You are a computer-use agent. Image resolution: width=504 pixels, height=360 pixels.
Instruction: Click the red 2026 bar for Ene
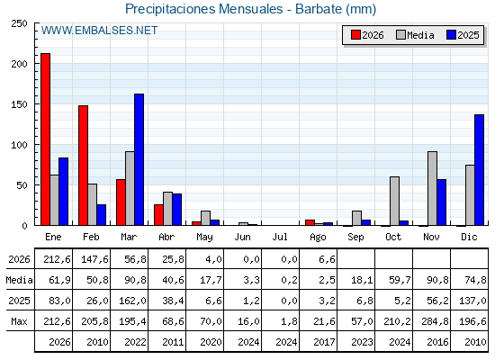coord(45,139)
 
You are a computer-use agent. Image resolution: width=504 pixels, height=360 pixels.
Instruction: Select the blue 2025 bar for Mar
coord(139,159)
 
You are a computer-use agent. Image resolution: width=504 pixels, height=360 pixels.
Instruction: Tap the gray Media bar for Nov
coord(432,188)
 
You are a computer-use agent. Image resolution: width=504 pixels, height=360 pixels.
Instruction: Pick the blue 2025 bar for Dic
coord(479,170)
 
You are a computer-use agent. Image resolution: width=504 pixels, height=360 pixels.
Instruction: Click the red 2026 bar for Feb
coord(83,166)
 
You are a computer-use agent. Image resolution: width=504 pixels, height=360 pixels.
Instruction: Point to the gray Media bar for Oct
coord(394,201)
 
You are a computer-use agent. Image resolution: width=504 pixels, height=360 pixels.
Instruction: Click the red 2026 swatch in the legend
coord(355,35)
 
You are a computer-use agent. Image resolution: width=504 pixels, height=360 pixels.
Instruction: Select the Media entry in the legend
coord(415,35)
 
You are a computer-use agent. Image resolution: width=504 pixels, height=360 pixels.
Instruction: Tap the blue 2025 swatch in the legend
coord(451,35)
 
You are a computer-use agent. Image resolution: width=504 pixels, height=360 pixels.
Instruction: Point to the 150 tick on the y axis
coord(36,103)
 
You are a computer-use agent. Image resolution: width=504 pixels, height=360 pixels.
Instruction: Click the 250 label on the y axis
coord(19,23)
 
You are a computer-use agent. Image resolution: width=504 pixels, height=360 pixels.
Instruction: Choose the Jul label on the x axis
coord(280,238)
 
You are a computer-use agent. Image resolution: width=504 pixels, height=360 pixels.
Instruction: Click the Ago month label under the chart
coord(318,238)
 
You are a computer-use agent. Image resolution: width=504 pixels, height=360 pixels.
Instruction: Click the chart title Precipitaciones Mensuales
coord(203,9)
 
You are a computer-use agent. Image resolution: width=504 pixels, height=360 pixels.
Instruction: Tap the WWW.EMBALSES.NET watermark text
coord(99,31)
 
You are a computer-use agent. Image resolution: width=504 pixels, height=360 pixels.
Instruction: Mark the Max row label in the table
coord(19,321)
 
